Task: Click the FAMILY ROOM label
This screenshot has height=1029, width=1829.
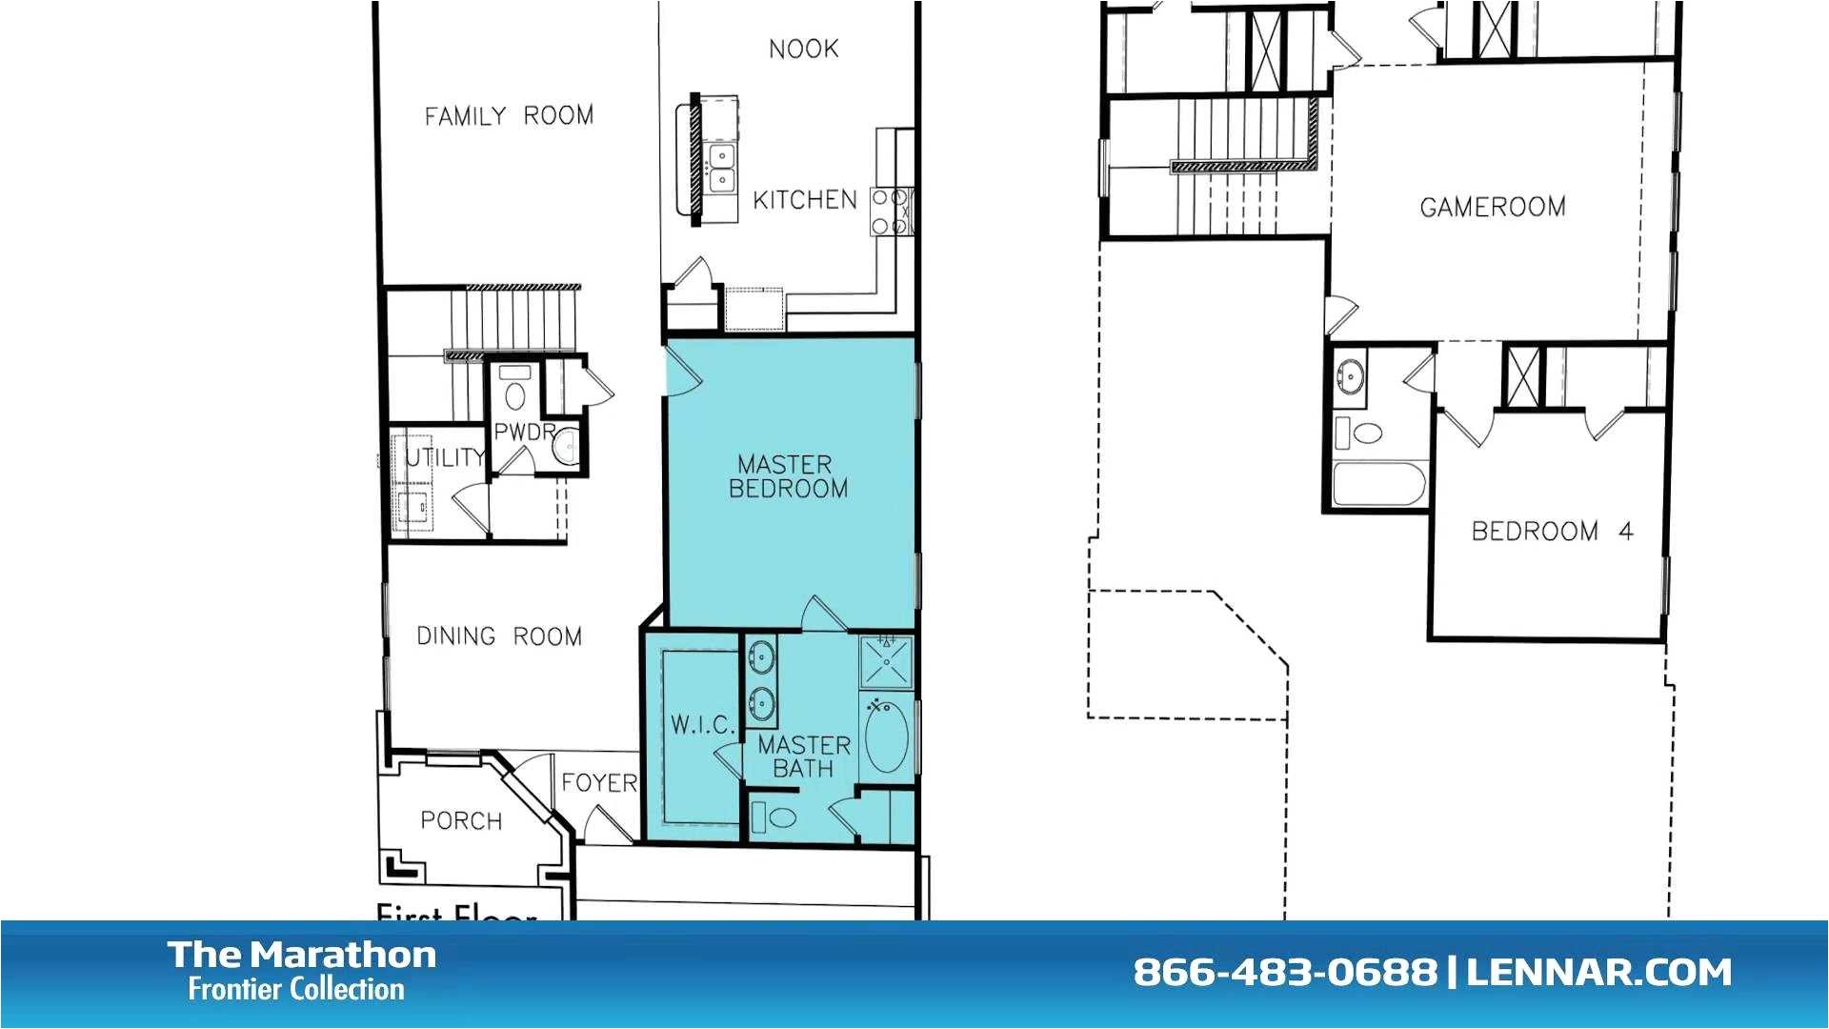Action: coord(509,116)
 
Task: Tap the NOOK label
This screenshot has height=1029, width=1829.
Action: coord(803,49)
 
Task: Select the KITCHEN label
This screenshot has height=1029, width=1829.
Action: coord(805,200)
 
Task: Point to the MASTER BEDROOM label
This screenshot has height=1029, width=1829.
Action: coord(788,476)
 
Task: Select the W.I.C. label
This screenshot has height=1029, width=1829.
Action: coord(702,725)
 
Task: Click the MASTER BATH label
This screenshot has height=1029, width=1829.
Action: coord(803,757)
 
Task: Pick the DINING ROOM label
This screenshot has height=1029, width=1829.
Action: coord(499,636)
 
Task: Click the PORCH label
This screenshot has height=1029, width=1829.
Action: coord(461,820)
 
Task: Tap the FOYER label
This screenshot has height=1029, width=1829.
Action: coord(599,783)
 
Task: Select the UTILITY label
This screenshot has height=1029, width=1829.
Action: coord(444,457)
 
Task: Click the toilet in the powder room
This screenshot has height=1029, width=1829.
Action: coord(515,393)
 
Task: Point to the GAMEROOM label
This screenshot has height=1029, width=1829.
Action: coord(1492,207)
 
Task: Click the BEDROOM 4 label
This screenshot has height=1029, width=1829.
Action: coord(1552,531)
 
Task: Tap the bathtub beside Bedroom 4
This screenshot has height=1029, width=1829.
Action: coord(1378,485)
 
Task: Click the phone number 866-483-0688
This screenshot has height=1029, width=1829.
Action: coord(1284,973)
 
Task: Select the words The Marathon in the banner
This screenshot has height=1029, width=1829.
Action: coord(302,954)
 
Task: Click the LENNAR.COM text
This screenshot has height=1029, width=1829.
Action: coord(1598,973)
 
